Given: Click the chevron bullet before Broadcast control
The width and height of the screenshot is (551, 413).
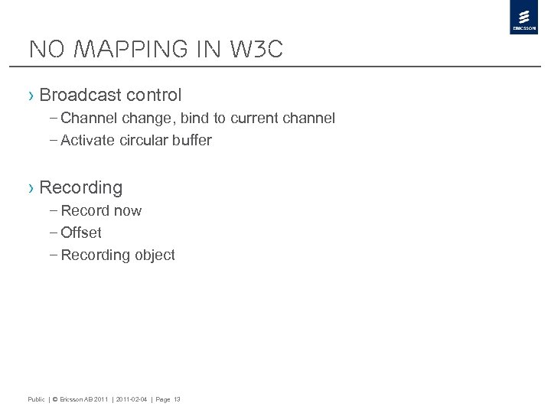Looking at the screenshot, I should [x=31, y=96].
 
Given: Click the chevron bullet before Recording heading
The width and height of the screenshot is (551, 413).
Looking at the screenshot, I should [x=31, y=187].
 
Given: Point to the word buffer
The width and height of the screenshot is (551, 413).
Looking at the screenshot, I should [x=194, y=141].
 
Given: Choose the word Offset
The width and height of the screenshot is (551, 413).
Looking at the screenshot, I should [x=81, y=233].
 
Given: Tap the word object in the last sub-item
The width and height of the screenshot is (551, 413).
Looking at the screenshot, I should [x=155, y=255].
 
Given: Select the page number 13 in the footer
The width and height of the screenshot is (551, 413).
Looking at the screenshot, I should [x=177, y=399].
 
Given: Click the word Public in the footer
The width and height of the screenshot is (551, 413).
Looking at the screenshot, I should [x=36, y=399].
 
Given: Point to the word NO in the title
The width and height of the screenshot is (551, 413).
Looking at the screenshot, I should [x=41, y=50].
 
